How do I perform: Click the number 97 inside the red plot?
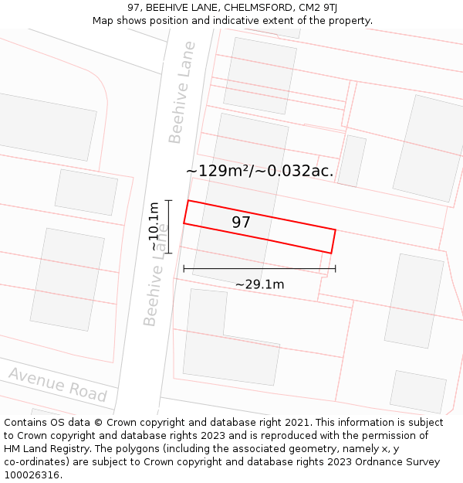pyautogui.click(x=242, y=223)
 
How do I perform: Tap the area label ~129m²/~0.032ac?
pyautogui.click(x=260, y=171)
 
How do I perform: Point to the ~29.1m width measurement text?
pyautogui.click(x=259, y=284)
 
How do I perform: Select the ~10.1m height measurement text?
pyautogui.click(x=154, y=226)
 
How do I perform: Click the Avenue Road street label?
pyautogui.click(x=57, y=384)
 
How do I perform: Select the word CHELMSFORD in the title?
pyautogui.click(x=258, y=8)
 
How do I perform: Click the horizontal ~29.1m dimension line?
pyautogui.click(x=259, y=269)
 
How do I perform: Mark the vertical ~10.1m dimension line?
pyautogui.click(x=168, y=226)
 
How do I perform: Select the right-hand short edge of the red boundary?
pyautogui.click(x=333, y=241)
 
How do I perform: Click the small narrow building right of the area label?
pyautogui.click(x=352, y=161)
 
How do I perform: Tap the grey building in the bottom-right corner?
pyautogui.click(x=418, y=392)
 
